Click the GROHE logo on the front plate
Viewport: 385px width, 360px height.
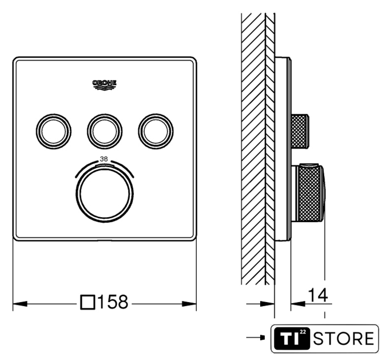[105, 85]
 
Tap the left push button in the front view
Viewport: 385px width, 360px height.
[54, 132]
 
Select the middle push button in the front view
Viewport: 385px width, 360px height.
[105, 132]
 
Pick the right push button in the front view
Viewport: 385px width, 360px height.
[156, 132]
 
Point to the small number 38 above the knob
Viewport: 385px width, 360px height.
[104, 159]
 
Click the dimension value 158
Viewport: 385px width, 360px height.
[113, 301]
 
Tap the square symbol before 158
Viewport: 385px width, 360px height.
[88, 302]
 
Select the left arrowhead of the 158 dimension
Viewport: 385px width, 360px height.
[20, 304]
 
